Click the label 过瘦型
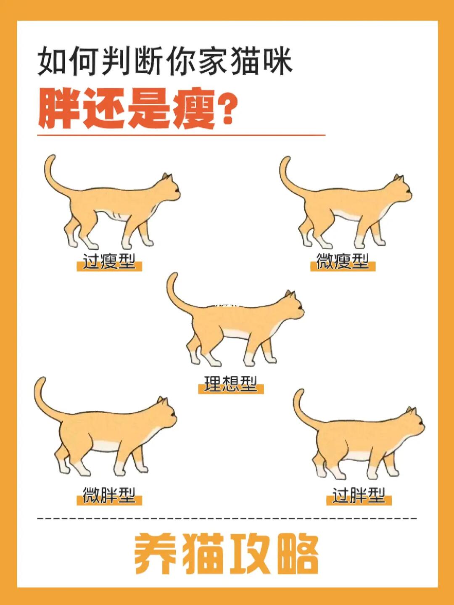click(x=109, y=262)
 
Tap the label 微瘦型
click(x=343, y=262)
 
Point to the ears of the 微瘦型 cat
click(x=399, y=178)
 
